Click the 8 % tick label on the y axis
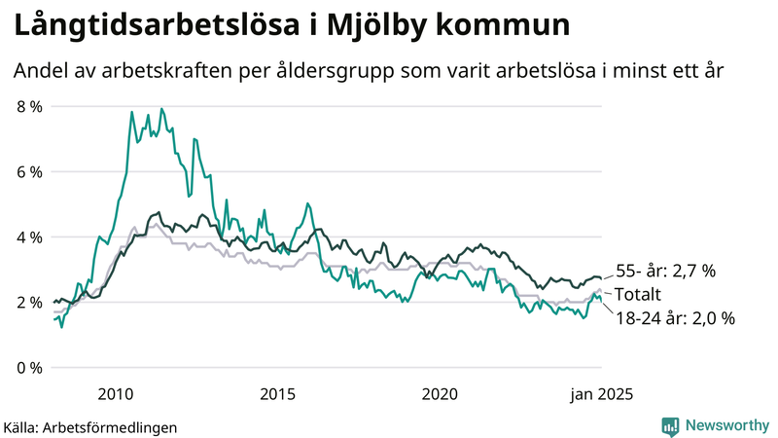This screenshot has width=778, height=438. tap(29, 106)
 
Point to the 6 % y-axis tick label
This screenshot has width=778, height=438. tap(29, 171)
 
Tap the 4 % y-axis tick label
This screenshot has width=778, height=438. tap(29, 237)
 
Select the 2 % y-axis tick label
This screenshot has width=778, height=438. tap(29, 302)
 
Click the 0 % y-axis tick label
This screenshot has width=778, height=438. tap(29, 367)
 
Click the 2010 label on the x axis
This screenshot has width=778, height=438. tap(115, 393)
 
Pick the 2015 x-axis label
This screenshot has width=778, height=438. tap(277, 393)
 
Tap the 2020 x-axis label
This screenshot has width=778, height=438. tap(440, 393)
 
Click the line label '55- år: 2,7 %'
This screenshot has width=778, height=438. tap(666, 272)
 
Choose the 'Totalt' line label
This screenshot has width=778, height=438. tap(638, 294)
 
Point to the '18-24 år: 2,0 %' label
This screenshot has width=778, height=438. tap(675, 317)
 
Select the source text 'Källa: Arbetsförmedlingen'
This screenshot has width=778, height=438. tap(90, 426)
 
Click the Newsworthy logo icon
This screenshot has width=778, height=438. tap(670, 425)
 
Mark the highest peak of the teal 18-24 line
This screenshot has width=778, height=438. tap(161, 109)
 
